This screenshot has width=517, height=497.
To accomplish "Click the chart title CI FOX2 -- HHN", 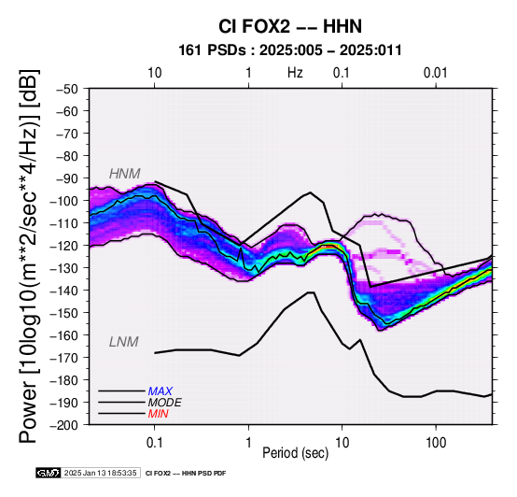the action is [x=290, y=26].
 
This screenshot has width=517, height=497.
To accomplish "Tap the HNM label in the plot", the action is [x=125, y=174].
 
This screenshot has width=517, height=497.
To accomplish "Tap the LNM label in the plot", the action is [x=123, y=342].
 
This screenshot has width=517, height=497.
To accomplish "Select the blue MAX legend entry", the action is [x=160, y=391].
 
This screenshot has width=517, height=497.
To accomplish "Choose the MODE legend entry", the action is [x=164, y=403].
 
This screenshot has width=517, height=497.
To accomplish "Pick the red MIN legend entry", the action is [x=158, y=414].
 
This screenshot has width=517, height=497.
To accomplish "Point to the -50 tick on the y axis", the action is [x=67, y=89].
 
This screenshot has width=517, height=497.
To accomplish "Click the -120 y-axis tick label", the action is [x=64, y=246].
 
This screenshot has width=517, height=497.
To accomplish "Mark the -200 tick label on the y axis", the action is [x=64, y=425].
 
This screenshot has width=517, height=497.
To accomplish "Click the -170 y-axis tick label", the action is [x=64, y=358].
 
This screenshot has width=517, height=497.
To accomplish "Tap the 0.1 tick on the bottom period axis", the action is [x=154, y=442].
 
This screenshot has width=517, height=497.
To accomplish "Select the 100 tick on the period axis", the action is [x=436, y=442].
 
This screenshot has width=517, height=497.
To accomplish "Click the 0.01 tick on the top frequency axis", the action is [x=435, y=73].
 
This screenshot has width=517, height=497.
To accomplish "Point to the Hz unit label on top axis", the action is [x=295, y=73].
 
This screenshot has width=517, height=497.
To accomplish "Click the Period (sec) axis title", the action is [x=296, y=453].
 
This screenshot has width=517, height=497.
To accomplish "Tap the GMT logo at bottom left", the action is [x=49, y=473].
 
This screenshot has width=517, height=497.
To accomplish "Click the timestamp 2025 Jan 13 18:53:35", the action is [x=100, y=473].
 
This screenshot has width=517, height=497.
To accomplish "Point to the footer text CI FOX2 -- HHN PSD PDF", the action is [x=186, y=474].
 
